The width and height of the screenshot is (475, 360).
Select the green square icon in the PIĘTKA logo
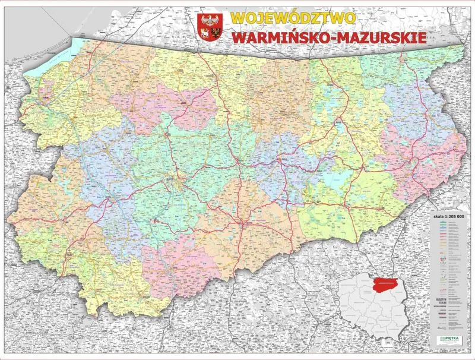tap(441, 340)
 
